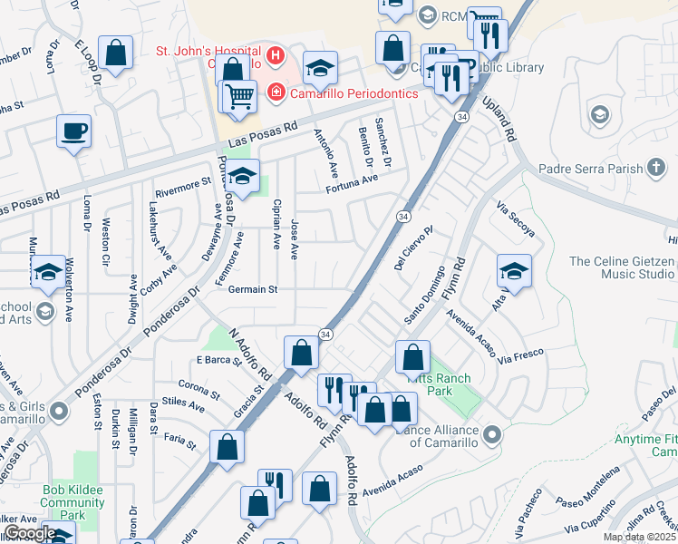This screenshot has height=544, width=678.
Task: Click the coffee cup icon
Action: (x=73, y=131)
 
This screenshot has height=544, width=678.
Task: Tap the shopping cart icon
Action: (x=239, y=95)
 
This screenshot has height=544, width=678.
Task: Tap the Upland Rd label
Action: (x=501, y=119)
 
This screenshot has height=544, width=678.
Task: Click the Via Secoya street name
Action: (x=516, y=219)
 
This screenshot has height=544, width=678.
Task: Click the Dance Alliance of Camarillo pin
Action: (x=492, y=434)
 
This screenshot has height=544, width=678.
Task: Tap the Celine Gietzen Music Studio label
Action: (x=622, y=267)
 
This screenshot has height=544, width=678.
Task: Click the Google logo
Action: (x=29, y=533)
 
